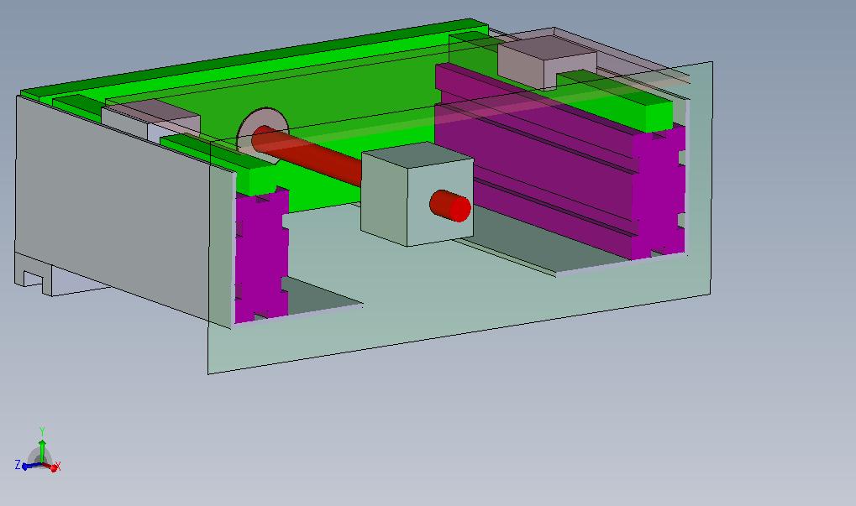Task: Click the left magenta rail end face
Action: [261, 254]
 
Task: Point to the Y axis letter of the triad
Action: [41, 431]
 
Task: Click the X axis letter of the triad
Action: [58, 466]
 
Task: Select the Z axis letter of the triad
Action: [18, 465]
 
